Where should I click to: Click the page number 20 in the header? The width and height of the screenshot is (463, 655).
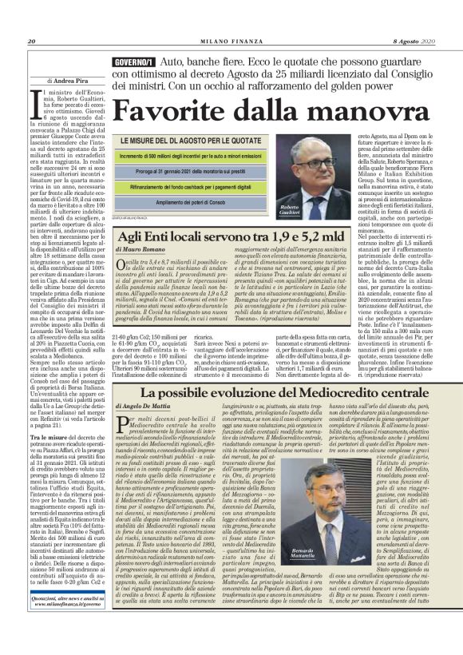pos(31,19)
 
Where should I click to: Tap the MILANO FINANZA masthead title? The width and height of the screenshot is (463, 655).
pos(231,19)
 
